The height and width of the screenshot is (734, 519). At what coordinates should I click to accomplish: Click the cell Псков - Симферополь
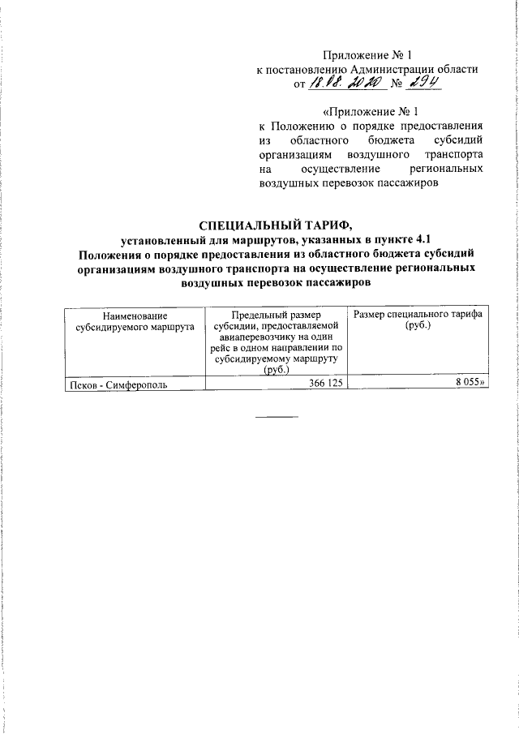pyautogui.click(x=119, y=385)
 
